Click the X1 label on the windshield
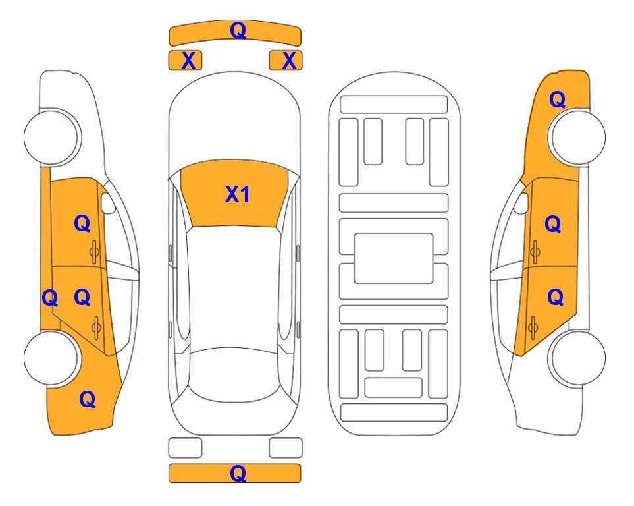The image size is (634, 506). [238, 194]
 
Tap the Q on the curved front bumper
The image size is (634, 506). [238, 30]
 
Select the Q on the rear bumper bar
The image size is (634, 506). [238, 473]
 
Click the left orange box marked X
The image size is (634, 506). [185, 61]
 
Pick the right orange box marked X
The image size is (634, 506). [286, 61]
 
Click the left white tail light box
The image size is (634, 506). [185, 448]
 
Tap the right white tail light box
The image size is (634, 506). [286, 448]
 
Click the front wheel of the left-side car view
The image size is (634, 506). [51, 137]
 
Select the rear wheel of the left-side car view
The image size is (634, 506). [51, 358]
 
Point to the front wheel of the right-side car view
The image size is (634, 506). [577, 137]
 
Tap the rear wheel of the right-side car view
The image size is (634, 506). [577, 358]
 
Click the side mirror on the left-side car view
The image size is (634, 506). [108, 203]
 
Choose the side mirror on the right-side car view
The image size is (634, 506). [521, 203]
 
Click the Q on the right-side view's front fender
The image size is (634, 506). [557, 99]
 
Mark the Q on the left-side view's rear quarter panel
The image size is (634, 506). [88, 399]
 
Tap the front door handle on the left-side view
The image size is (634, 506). [94, 252]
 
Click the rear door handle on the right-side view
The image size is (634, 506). [533, 327]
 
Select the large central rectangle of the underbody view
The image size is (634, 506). [394, 258]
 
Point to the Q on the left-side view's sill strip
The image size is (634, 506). [50, 298]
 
